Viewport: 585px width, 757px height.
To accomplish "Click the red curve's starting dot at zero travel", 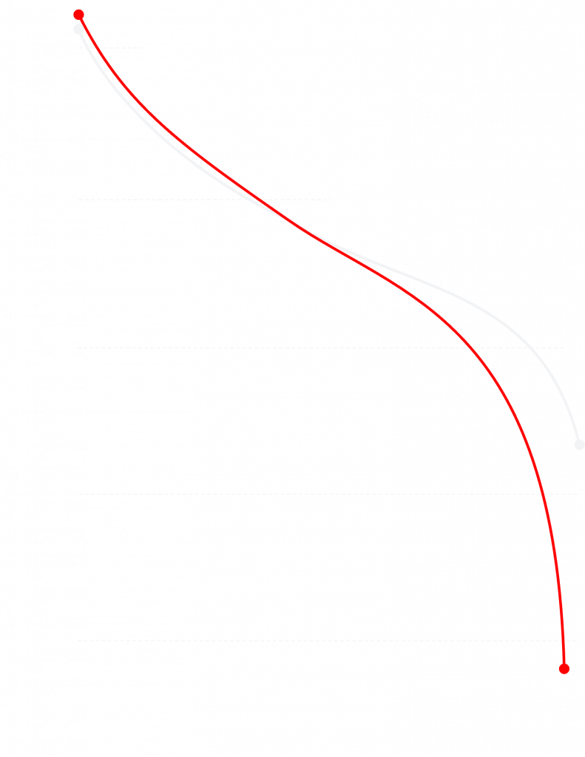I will click(x=78, y=15).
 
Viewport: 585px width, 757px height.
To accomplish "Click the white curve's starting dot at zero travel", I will click(x=78, y=30).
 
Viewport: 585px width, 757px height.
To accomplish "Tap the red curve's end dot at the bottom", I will click(x=564, y=668).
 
